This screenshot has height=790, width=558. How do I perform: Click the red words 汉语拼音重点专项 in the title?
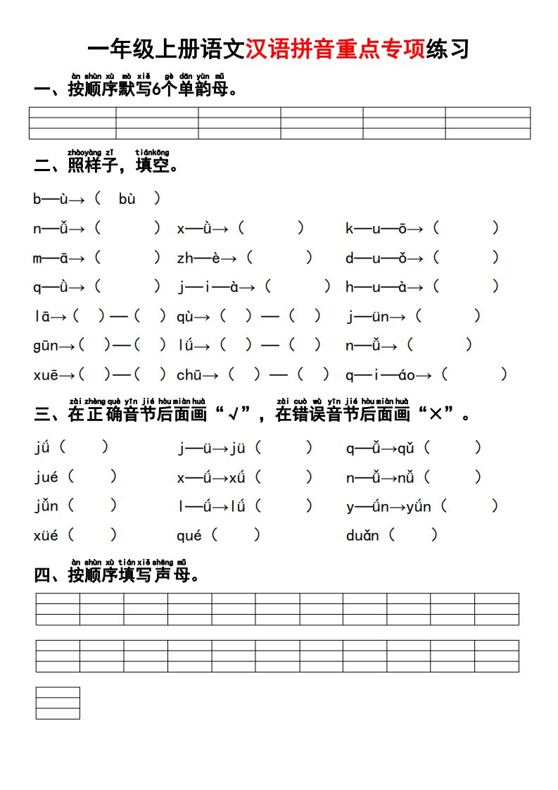pos(336,49)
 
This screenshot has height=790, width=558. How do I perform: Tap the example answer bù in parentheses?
pos(127,199)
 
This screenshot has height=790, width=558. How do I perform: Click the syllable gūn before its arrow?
pos(46,346)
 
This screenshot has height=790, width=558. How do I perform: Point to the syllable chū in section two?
pos(190,375)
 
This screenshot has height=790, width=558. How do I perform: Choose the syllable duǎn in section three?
pos(362,536)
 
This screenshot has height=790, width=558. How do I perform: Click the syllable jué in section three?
pos(46,477)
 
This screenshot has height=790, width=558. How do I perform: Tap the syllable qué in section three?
pos(189,536)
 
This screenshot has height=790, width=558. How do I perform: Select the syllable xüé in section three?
pos(46,536)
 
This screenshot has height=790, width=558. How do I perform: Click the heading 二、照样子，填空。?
pos(106,165)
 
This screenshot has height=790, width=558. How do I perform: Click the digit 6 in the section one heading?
pos(156,89)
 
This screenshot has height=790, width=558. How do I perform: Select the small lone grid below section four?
pos(58,703)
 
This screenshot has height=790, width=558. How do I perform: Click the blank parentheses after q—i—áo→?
pos(476,375)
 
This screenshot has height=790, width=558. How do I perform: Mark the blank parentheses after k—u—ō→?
pos(466,228)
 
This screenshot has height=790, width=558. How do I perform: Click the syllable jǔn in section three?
pos(46,506)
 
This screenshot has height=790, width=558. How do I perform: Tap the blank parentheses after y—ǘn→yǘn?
pos(471,506)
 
